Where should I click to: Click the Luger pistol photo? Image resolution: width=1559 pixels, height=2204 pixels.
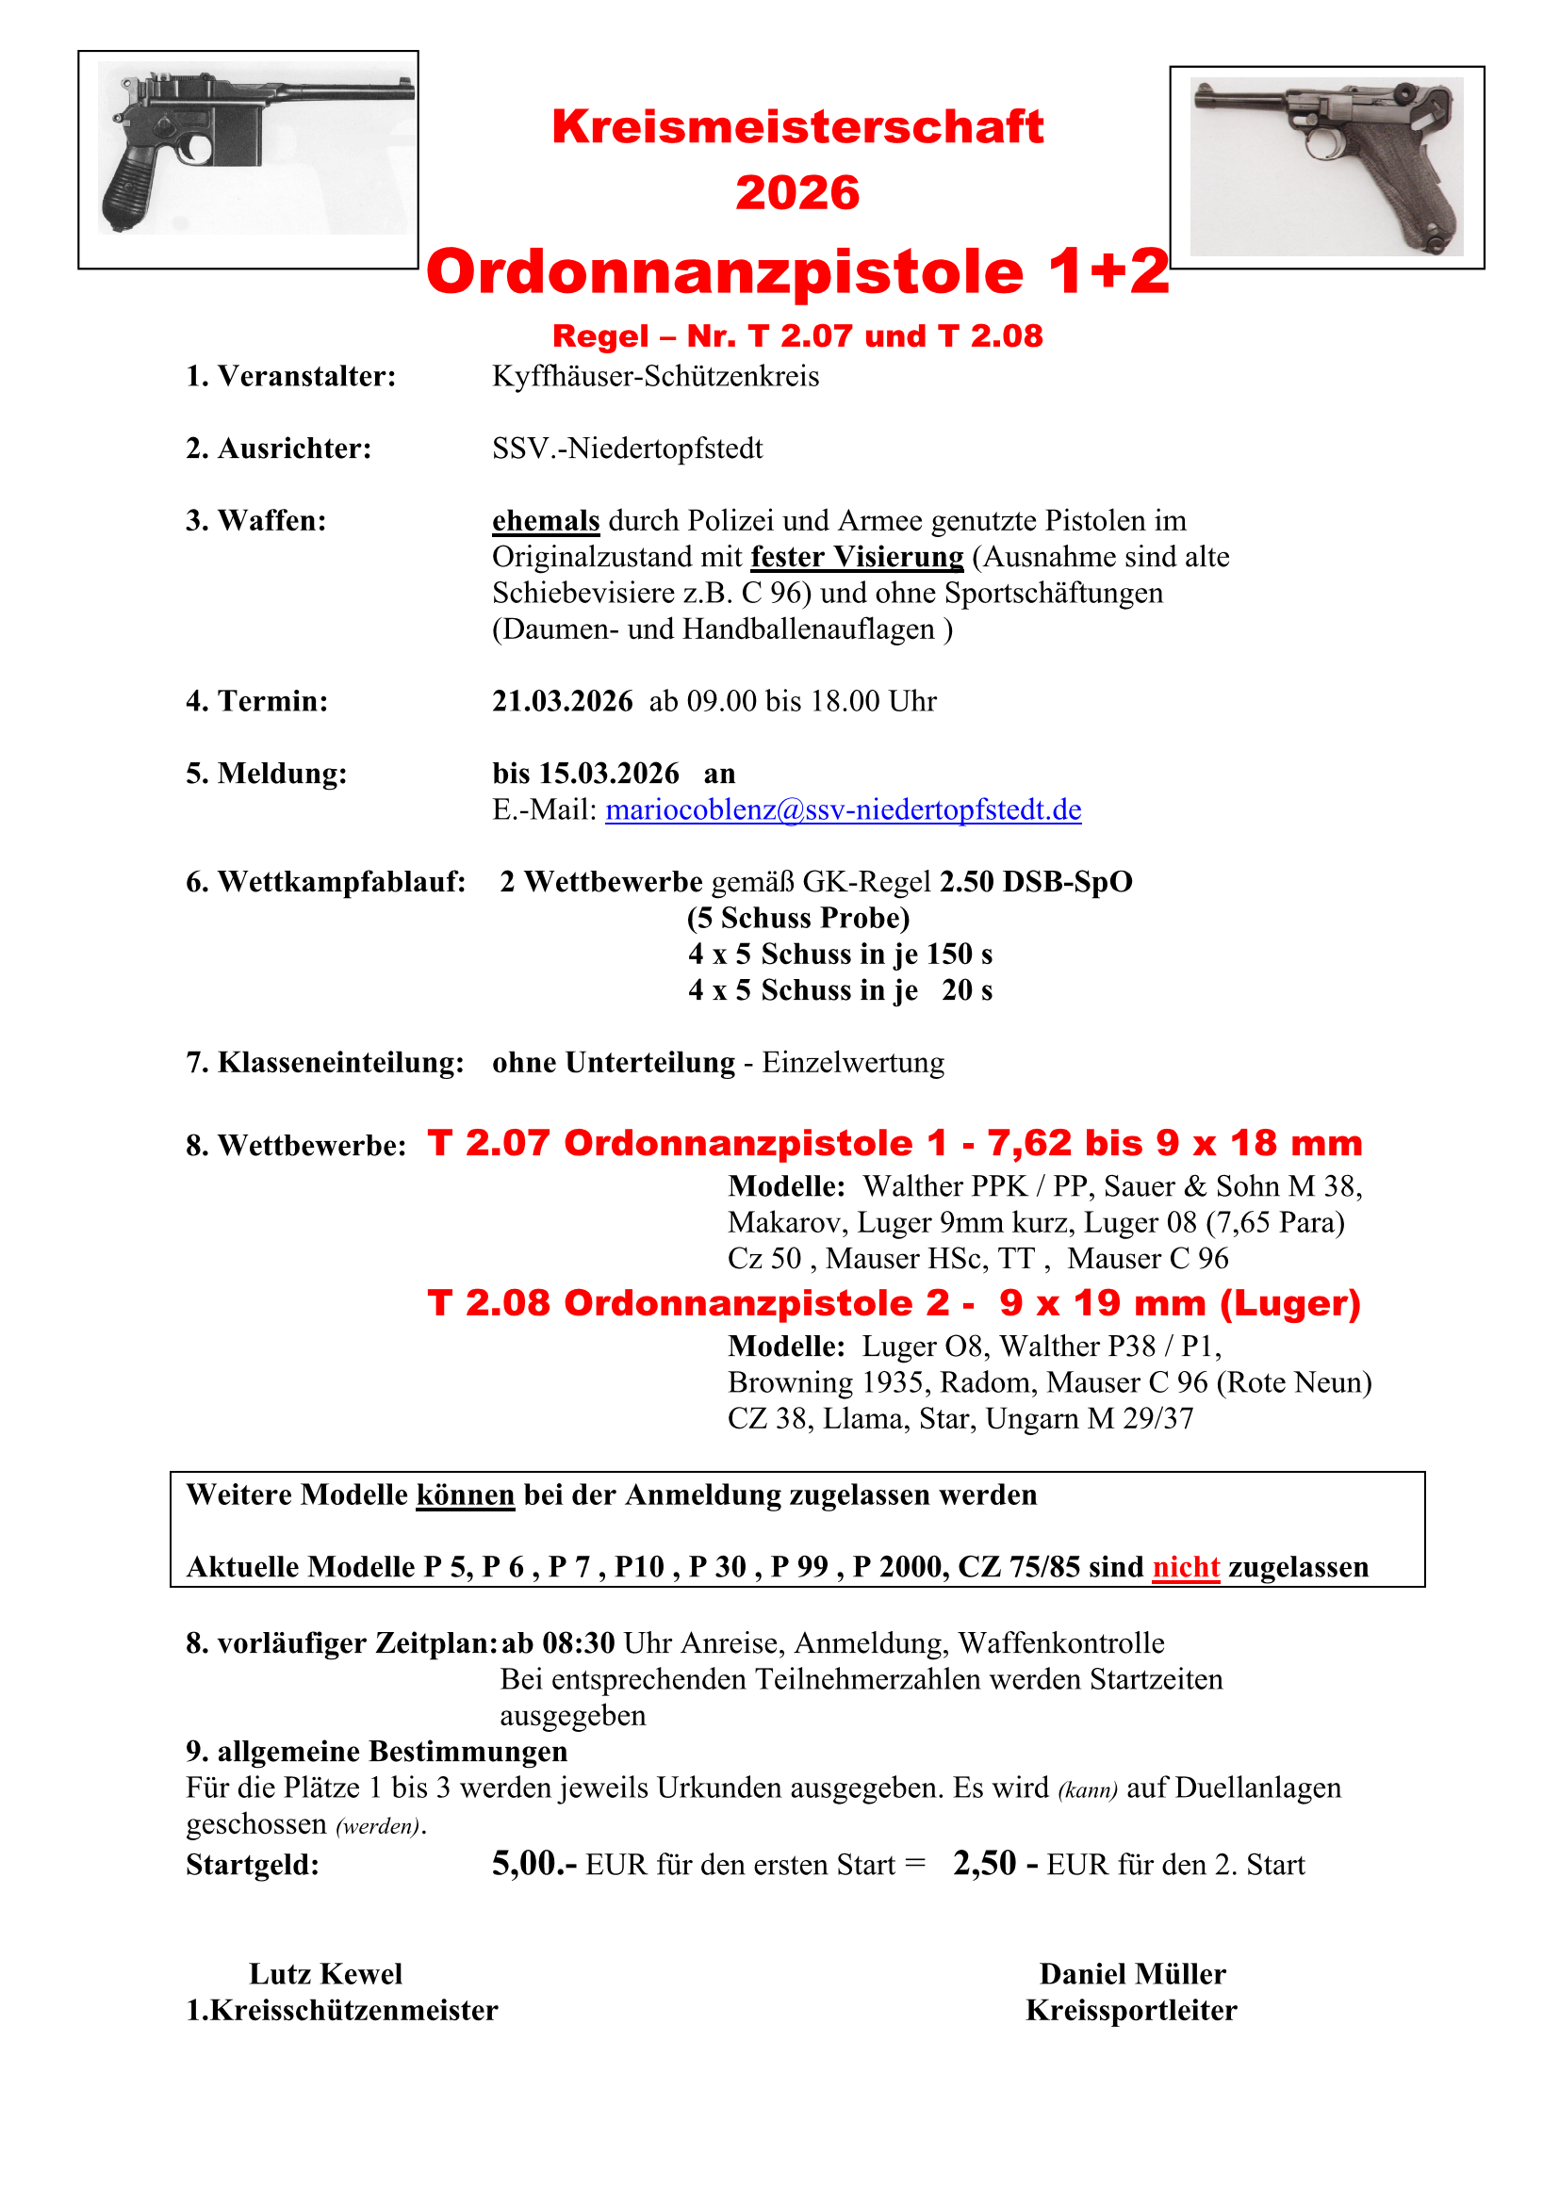point(1327,167)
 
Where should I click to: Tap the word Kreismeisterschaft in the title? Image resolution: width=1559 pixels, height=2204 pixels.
point(796,126)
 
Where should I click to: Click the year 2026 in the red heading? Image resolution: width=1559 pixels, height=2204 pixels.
point(796,193)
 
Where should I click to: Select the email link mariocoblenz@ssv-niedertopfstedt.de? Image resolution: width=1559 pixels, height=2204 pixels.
point(843,810)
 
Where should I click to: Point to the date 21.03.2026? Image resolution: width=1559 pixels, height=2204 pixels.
point(563,702)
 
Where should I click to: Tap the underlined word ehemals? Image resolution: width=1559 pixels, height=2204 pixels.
point(545,521)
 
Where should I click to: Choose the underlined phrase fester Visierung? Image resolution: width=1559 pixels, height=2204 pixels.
point(856,558)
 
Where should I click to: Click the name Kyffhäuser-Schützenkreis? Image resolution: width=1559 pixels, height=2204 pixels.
point(656,376)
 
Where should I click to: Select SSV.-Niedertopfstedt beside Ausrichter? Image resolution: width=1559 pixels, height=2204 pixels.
point(627,449)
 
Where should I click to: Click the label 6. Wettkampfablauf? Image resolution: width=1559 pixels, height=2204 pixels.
point(325,882)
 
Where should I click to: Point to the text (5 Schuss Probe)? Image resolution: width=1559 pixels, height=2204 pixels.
point(797,919)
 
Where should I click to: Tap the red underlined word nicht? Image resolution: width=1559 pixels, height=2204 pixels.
point(1186,1568)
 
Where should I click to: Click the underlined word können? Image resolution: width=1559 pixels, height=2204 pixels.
point(466,1495)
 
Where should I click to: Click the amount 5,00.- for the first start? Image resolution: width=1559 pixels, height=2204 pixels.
point(533,1864)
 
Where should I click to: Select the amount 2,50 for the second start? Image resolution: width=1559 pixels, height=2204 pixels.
point(984,1864)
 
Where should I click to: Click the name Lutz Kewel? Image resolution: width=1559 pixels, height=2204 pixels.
point(325,1975)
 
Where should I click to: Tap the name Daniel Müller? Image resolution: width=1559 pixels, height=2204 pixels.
point(1133,1975)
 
